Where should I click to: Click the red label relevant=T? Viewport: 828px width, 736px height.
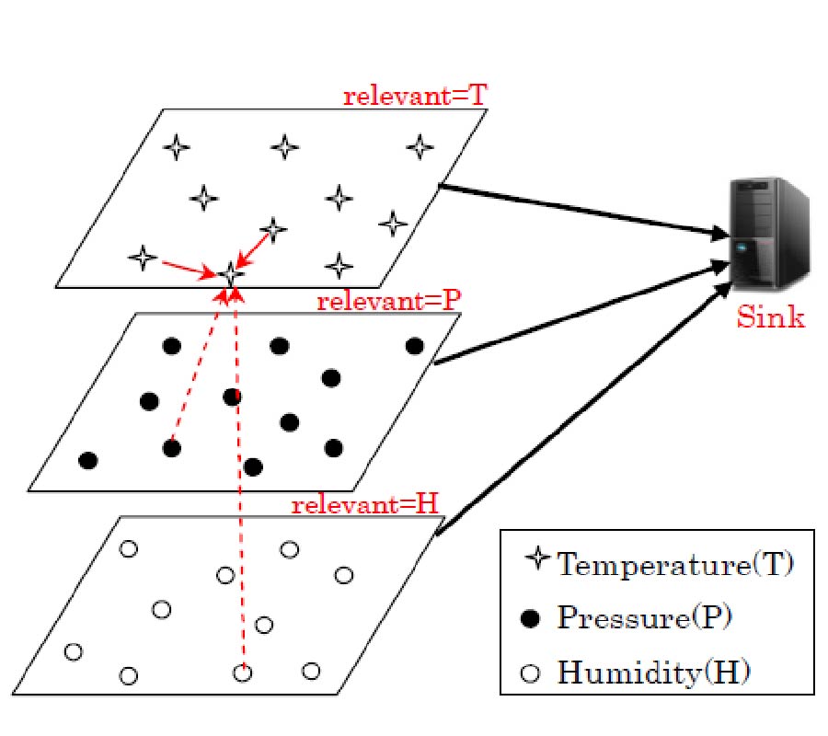click(414, 97)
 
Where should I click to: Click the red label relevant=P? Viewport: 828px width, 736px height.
click(388, 302)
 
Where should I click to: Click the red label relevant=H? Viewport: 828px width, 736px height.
click(365, 505)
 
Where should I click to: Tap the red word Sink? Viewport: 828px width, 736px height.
click(770, 318)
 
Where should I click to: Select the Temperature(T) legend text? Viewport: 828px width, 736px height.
click(673, 563)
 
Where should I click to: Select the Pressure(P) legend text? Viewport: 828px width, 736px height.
click(643, 618)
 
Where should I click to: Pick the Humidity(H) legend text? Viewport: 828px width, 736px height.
click(653, 673)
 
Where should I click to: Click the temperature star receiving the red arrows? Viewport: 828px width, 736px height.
click(230, 273)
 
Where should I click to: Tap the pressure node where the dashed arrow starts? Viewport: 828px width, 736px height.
click(171, 448)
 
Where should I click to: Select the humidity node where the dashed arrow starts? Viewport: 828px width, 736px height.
click(242, 673)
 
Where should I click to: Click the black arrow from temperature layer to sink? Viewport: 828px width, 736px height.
click(580, 211)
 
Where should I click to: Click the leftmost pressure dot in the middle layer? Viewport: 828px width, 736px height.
click(88, 460)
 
